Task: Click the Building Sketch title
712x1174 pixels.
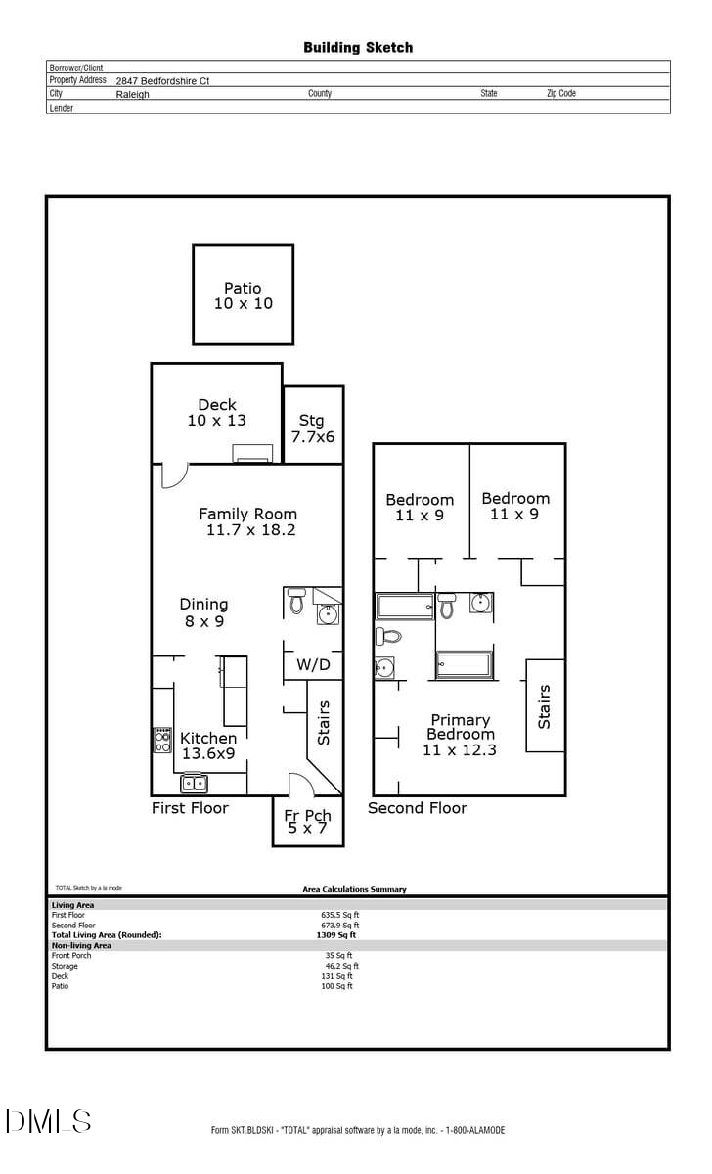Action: [358, 47]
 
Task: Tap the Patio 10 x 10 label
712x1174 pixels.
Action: [244, 295]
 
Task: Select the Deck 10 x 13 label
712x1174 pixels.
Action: [217, 412]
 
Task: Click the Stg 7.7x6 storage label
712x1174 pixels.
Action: [312, 429]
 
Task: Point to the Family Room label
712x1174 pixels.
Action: [249, 521]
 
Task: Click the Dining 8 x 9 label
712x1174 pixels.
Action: [203, 612]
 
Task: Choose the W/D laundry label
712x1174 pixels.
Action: [313, 665]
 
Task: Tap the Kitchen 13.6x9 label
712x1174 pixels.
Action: [208, 745]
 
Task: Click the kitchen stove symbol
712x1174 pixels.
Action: [162, 741]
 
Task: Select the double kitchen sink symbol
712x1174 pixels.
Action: [195, 783]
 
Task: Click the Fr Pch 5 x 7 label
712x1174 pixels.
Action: [308, 822]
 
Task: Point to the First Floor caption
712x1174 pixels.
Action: [190, 808]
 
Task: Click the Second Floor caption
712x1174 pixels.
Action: [418, 808]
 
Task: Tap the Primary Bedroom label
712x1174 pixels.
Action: [460, 735]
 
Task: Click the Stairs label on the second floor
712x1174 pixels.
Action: [545, 705]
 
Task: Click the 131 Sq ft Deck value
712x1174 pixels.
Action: [338, 976]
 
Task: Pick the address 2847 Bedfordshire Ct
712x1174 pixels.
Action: [162, 81]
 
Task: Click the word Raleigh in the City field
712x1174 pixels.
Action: [133, 95]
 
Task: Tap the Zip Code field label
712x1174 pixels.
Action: [561, 94]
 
